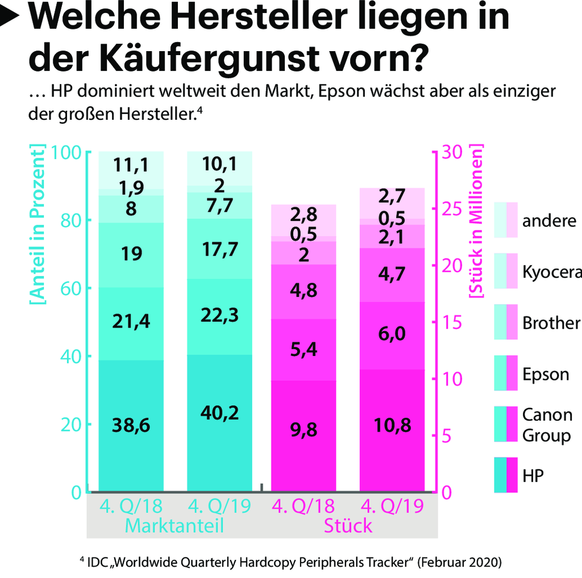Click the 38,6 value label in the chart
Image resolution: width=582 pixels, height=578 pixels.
click(131, 425)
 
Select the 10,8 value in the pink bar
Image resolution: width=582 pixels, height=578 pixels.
click(392, 425)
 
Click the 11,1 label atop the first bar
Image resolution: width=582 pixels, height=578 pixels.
click(131, 165)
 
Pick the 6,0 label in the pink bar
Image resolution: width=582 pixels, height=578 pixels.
click(392, 334)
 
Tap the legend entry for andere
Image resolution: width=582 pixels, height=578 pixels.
click(549, 221)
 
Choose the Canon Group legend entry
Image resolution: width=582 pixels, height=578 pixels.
click(547, 425)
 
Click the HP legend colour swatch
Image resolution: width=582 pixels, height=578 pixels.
click(506, 475)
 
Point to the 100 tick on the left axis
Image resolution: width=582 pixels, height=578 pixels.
click(68, 153)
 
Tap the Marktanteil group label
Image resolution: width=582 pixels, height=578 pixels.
click(174, 525)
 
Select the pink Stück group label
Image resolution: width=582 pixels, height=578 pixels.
click(348, 525)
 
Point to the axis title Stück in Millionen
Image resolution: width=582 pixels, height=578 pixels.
click(475, 221)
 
